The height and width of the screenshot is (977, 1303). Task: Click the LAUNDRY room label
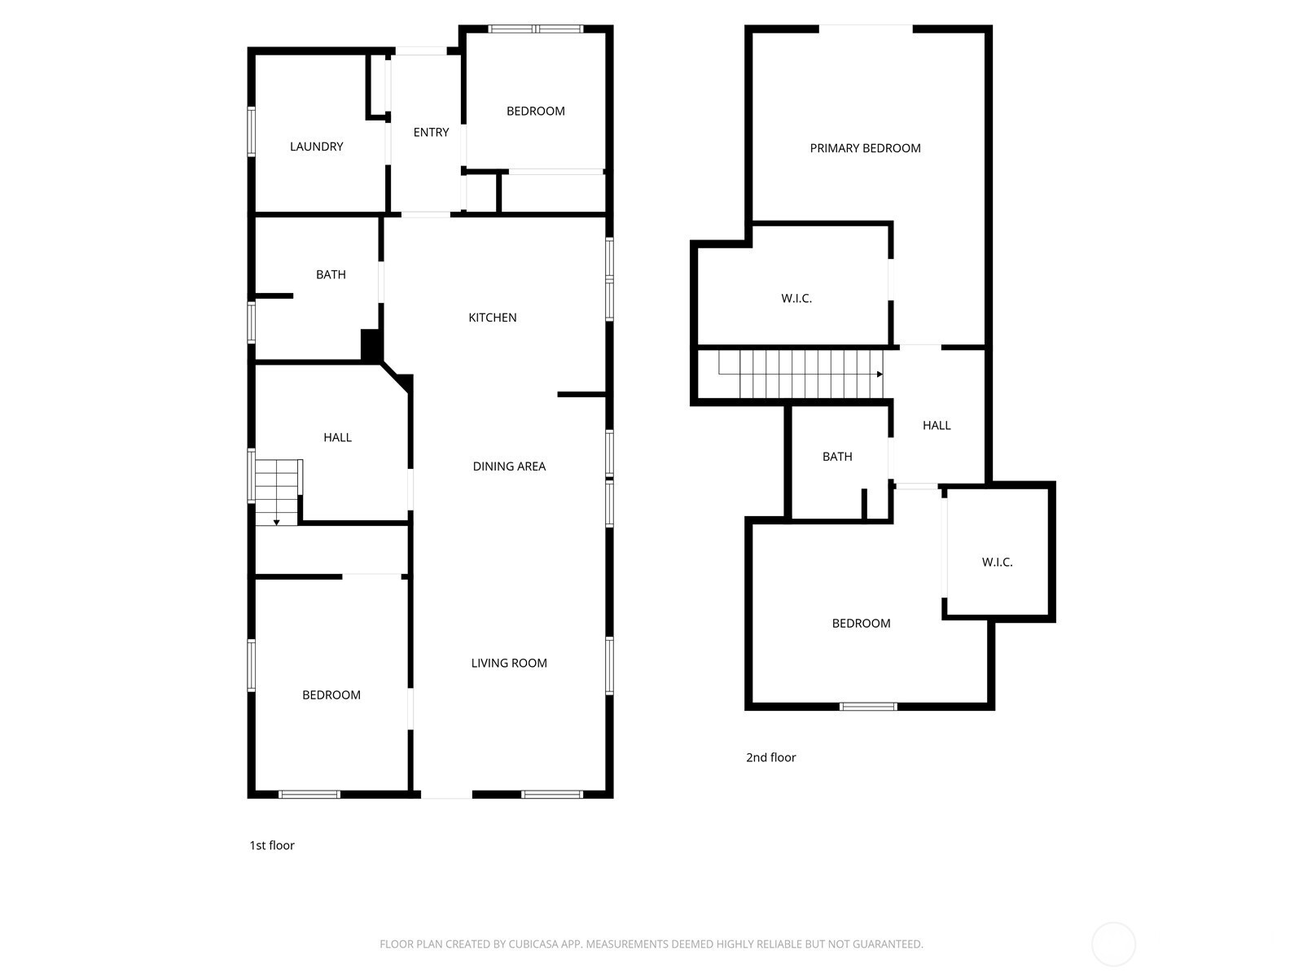(x=317, y=147)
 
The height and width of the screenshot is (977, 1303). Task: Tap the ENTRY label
(x=431, y=132)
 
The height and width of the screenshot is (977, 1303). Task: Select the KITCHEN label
(x=492, y=318)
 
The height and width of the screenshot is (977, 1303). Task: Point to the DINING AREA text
(x=509, y=467)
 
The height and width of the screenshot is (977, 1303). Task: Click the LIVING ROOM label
(x=509, y=664)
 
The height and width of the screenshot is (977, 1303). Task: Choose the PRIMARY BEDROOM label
(x=865, y=148)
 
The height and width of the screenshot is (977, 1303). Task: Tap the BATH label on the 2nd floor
(x=837, y=457)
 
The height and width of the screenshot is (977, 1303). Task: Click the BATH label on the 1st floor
(x=331, y=274)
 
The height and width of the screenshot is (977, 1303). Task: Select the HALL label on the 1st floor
(x=337, y=438)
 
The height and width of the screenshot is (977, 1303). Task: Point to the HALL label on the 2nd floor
(x=937, y=425)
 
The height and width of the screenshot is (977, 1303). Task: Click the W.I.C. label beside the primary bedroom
(x=796, y=298)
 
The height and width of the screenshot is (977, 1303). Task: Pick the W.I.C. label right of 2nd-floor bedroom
(x=997, y=563)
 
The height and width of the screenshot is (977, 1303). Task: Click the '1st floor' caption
(x=272, y=845)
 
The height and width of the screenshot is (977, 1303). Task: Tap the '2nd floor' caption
(x=770, y=757)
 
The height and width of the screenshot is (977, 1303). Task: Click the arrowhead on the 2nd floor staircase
(x=880, y=375)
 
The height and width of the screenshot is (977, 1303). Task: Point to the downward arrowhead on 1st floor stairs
(x=277, y=522)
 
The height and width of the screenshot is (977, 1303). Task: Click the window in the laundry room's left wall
(x=251, y=132)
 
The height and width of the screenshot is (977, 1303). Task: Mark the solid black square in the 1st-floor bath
(x=371, y=344)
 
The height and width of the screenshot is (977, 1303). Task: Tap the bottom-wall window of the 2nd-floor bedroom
(x=868, y=707)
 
